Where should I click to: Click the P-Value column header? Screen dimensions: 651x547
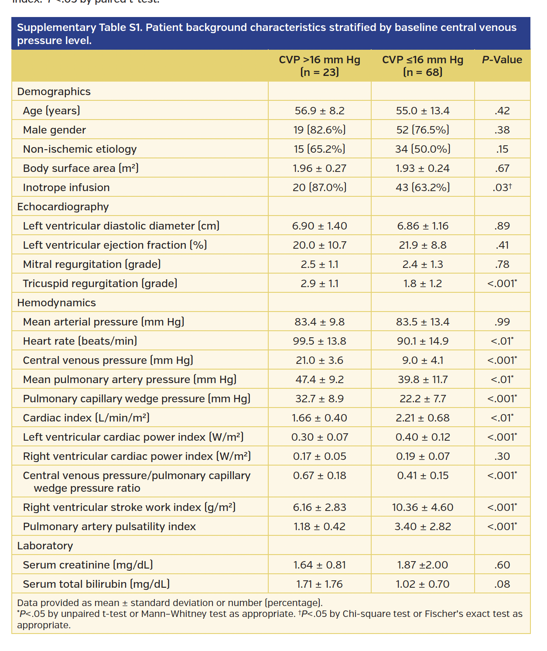(502, 60)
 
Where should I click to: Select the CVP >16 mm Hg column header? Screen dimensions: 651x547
(319, 65)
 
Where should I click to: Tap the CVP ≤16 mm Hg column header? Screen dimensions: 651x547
(422, 65)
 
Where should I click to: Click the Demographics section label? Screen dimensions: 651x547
(54, 92)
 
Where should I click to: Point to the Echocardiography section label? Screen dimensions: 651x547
(63, 207)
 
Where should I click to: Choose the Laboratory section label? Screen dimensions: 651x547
(45, 546)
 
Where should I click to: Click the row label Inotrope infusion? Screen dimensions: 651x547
(66, 188)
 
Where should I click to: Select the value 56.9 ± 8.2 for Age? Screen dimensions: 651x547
(319, 111)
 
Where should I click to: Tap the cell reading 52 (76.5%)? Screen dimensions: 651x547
(422, 130)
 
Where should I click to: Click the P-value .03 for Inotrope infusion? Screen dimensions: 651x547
(502, 188)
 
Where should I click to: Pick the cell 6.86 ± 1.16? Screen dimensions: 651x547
(422, 226)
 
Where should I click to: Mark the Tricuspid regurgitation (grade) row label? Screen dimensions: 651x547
(100, 284)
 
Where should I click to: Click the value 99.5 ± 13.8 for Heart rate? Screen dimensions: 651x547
(319, 341)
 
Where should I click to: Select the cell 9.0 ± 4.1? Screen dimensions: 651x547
(422, 360)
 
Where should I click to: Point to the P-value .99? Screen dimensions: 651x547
(502, 322)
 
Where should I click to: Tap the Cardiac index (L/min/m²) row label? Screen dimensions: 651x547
(86, 418)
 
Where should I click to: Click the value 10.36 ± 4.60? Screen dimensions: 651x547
(422, 507)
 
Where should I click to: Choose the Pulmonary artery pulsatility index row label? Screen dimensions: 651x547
(109, 527)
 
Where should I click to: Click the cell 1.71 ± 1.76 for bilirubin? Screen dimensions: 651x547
(319, 584)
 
